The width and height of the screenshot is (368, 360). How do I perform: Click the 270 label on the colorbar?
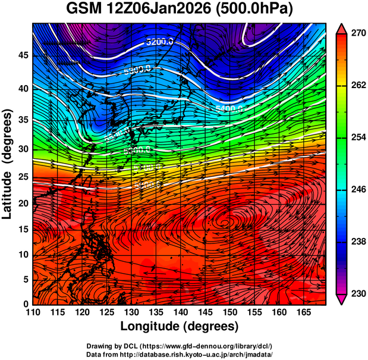[357, 34]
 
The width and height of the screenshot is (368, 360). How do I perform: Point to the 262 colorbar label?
[357, 86]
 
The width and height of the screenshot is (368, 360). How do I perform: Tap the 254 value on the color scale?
[357, 137]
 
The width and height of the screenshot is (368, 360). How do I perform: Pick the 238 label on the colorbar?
[357, 242]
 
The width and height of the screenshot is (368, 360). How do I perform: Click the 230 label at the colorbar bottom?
[357, 293]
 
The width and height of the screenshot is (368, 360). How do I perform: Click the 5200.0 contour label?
[159, 42]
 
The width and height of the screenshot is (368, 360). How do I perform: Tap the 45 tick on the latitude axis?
[22, 55]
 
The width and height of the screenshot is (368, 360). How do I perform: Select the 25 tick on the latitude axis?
[22, 177]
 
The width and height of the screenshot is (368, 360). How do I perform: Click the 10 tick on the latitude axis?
[22, 255]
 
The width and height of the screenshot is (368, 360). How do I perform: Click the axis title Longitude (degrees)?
[180, 327]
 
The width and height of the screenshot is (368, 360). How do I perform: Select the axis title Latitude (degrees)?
[8, 164]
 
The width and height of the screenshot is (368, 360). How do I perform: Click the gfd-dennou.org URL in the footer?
[196, 346]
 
